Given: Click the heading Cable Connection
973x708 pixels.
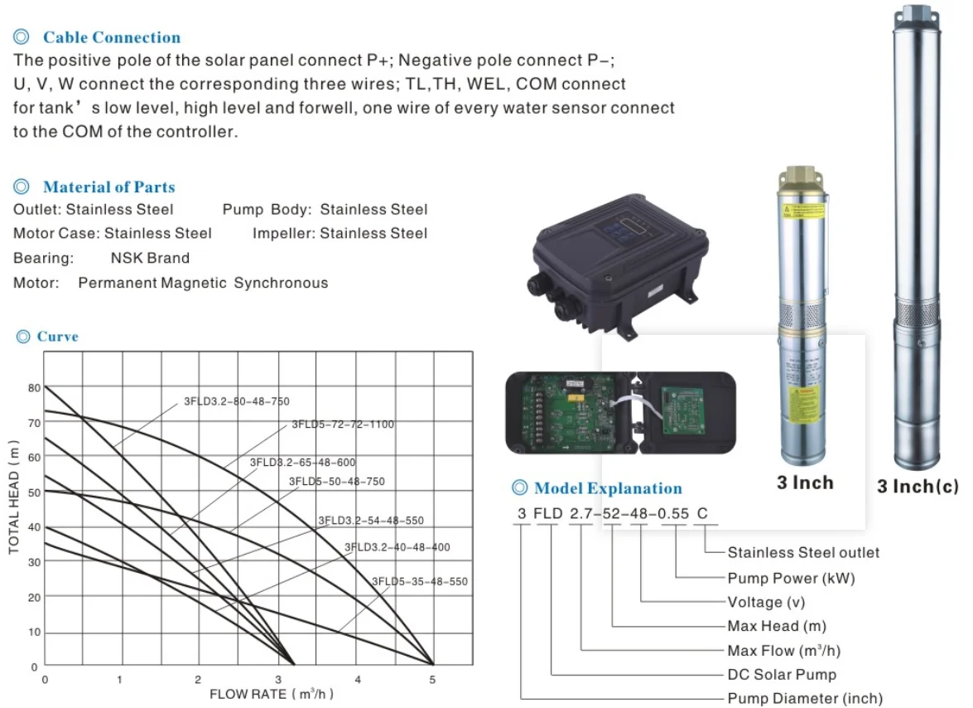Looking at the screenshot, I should (111, 37).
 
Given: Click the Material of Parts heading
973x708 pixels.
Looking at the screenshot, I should (108, 187).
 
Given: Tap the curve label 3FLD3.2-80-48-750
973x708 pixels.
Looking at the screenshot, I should (236, 402).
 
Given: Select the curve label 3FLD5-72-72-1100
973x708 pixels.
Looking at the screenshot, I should (342, 425).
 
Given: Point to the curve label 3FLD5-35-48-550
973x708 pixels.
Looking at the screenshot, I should (419, 582).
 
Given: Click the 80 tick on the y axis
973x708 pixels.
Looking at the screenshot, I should (34, 387).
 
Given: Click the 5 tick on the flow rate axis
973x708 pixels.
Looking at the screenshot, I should (431, 680).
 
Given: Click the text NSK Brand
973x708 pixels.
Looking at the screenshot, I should (150, 258).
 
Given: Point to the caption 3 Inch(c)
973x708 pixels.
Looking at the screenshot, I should (918, 487).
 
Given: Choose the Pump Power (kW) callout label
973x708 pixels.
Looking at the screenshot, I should (791, 578).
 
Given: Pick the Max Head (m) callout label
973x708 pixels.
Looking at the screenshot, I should (777, 627).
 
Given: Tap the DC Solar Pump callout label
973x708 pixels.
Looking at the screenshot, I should (782, 675).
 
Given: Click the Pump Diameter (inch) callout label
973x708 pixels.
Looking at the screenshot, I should (805, 699).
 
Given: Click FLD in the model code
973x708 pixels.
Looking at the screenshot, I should (548, 514).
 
